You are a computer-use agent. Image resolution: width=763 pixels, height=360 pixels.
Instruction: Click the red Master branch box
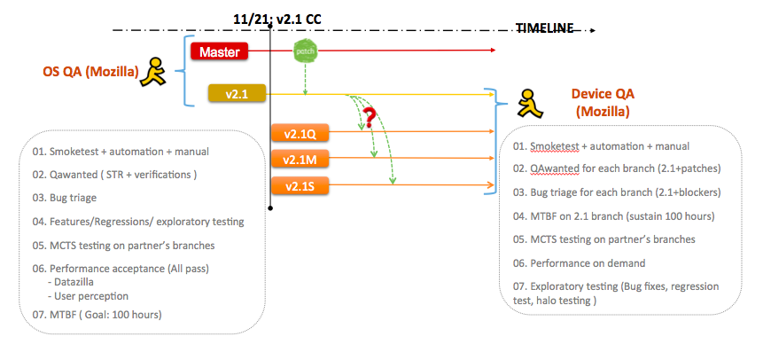220,51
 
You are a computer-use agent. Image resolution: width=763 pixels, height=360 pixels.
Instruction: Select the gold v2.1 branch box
237,93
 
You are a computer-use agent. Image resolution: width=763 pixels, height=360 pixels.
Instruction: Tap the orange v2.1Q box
300,132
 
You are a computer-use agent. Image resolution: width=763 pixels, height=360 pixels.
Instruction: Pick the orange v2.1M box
300,159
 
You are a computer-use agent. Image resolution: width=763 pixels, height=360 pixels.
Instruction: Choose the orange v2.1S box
300,185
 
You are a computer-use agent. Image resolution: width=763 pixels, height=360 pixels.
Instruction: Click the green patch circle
305,51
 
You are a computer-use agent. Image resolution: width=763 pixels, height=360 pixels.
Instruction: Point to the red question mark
370,118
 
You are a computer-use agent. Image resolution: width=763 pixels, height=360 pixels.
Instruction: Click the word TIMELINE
544,28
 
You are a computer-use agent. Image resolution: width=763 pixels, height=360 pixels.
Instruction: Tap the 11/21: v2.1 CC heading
276,19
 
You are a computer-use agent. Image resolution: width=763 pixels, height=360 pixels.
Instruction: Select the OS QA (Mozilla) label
90,72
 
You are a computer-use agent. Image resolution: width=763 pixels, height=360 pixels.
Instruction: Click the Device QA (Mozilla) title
603,102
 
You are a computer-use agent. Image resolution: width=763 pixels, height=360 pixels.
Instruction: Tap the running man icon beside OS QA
153,72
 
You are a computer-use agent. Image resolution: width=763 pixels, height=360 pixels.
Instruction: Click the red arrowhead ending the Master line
494,50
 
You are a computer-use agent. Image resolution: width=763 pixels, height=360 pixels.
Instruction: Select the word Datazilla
75,282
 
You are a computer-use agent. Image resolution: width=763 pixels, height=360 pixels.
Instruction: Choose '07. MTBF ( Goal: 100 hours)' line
97,315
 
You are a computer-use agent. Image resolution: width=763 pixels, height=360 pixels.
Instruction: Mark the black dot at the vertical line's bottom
270,208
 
